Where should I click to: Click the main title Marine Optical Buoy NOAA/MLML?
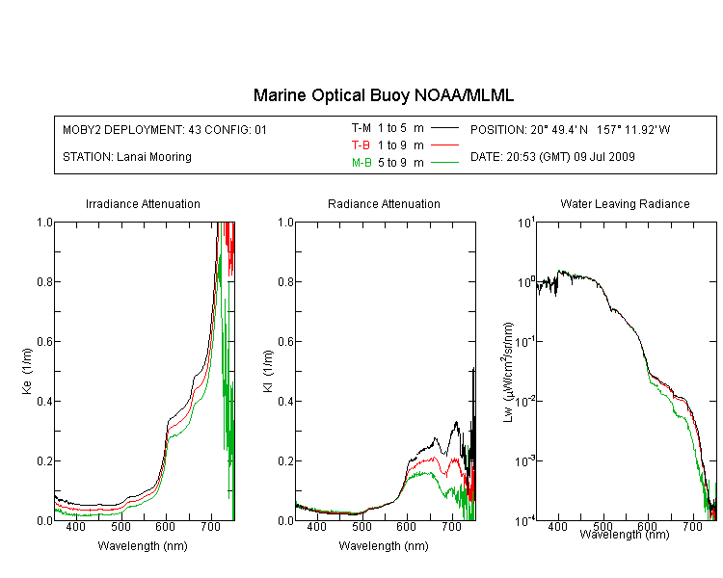pos(383,95)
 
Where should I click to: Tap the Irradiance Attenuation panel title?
pos(143,203)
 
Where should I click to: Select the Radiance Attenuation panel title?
pos(384,203)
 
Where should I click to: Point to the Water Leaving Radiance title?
pos(625,203)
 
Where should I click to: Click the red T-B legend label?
pos(361,145)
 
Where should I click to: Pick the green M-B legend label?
pos(361,162)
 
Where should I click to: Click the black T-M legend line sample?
pos(444,128)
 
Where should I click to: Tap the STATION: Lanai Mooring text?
pos(127,157)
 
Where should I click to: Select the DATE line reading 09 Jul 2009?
pos(552,157)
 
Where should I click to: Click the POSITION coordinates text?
pos(570,129)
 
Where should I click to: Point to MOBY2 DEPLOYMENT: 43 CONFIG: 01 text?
pos(165,129)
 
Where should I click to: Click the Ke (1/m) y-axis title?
pos(27,371)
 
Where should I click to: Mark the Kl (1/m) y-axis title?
pos(268,371)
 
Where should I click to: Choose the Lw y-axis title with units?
pos(508,372)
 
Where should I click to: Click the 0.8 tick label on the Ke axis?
pos(44,281)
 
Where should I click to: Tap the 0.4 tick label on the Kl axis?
pos(285,402)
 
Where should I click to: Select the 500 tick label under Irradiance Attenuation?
pos(120,527)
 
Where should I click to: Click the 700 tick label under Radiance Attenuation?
pos(451,527)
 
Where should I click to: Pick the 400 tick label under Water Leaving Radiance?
pos(557,527)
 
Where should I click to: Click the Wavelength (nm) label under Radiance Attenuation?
pos(384,546)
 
